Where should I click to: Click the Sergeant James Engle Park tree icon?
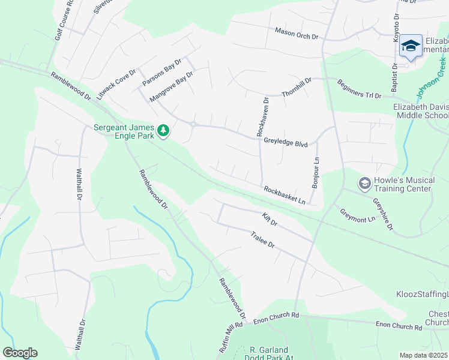pyautogui.click(x=163, y=130)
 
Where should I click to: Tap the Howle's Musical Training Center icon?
pyautogui.click(x=364, y=182)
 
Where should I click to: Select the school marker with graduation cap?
pyautogui.click(x=411, y=46)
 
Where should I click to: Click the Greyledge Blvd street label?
pyautogui.click(x=285, y=143)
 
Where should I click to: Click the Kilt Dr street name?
pyautogui.click(x=270, y=219)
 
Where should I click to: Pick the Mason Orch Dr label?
pyautogui.click(x=296, y=34)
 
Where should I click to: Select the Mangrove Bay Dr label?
pyautogui.click(x=171, y=88)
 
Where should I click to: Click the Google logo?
pyautogui.click(x=20, y=352)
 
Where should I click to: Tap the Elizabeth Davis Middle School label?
pyautogui.click(x=420, y=111)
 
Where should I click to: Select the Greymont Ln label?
pyautogui.click(x=357, y=215)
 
